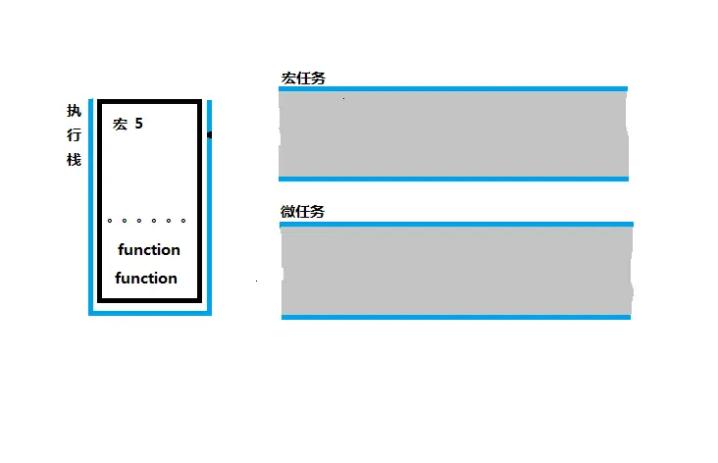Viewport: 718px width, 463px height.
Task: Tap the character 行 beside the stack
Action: tap(74, 135)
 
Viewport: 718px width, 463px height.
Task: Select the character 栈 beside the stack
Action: tap(74, 159)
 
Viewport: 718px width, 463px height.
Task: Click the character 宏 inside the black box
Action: tap(121, 125)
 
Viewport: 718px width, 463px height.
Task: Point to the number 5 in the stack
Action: tap(139, 125)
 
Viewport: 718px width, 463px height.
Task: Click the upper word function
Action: tap(148, 249)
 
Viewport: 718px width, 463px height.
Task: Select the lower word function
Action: tap(146, 278)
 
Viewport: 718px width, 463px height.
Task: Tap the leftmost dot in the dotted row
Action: tap(110, 221)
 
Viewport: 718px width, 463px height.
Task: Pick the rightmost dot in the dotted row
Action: tap(183, 221)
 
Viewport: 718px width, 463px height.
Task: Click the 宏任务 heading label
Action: tap(303, 78)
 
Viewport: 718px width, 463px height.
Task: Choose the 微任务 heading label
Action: tap(302, 211)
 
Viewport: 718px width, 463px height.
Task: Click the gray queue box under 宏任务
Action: tap(452, 134)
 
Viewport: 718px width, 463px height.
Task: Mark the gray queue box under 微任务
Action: tap(456, 270)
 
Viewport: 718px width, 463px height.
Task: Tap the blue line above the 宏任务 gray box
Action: tap(452, 89)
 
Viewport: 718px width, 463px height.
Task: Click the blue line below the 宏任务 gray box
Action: tap(452, 179)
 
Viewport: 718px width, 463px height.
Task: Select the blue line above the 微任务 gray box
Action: tap(456, 224)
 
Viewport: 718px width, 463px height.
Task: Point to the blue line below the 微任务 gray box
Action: tap(456, 317)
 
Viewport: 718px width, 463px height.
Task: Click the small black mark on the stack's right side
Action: tap(210, 134)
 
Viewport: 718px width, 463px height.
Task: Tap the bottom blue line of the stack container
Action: tap(150, 314)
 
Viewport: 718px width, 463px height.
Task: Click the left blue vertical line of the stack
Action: tap(91, 206)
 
